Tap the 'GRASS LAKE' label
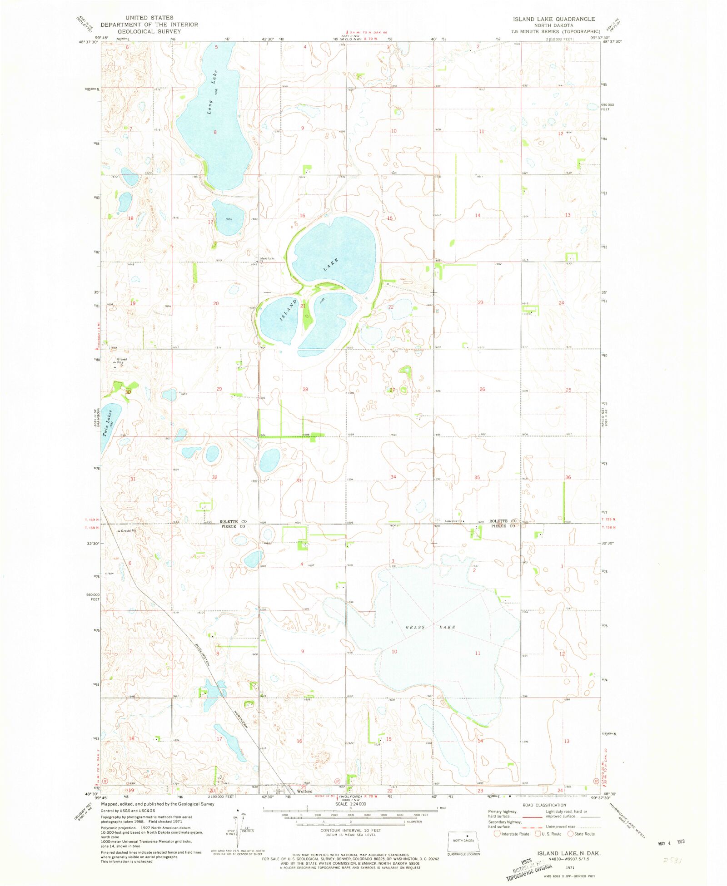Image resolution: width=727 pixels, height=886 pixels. (x=430, y=627)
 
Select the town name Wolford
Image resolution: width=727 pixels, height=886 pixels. (x=304, y=791)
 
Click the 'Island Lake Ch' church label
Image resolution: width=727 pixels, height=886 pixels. (x=267, y=259)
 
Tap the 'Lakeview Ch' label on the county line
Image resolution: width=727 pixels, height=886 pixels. (x=454, y=521)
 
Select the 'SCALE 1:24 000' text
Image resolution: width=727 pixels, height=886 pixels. (x=350, y=804)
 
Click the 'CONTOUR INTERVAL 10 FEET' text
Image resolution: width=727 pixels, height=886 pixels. (x=350, y=830)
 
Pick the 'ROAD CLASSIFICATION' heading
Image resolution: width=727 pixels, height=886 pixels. (x=544, y=805)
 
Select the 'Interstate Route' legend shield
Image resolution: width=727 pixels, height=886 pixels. (x=497, y=834)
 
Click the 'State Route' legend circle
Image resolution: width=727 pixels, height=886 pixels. (x=570, y=834)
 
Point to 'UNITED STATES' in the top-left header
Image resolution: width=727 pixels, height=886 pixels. (x=149, y=18)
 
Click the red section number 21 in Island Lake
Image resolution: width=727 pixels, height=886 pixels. (x=303, y=306)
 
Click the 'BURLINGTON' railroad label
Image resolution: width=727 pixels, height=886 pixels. (x=203, y=655)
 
